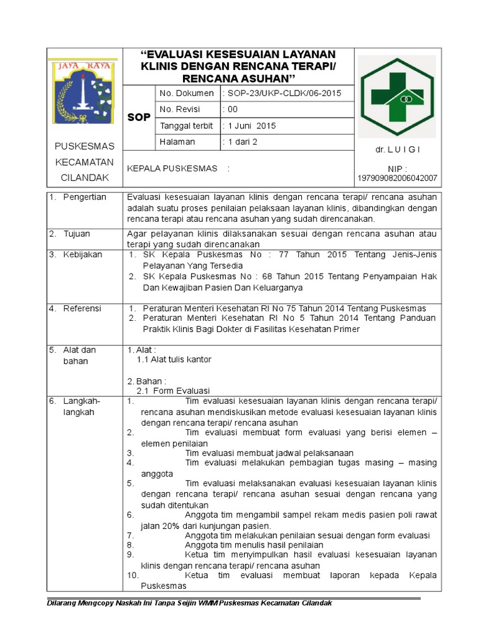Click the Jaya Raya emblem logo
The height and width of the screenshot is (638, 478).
pyautogui.click(x=83, y=90)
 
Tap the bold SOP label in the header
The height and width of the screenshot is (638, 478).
pyautogui.click(x=138, y=118)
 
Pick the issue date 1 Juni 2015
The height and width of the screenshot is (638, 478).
pyautogui.click(x=250, y=125)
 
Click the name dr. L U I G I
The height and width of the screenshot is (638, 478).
pyautogui.click(x=398, y=150)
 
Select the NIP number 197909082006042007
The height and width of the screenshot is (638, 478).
pyautogui.click(x=397, y=178)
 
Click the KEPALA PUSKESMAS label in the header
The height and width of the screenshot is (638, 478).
pyautogui.click(x=172, y=168)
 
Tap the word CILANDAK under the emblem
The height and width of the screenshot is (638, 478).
pyautogui.click(x=85, y=178)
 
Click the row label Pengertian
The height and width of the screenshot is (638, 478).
pyautogui.click(x=85, y=197)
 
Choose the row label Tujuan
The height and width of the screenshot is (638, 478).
pyautogui.click(x=77, y=234)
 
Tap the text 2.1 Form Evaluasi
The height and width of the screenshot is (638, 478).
pyautogui.click(x=173, y=391)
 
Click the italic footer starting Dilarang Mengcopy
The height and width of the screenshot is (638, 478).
pyautogui.click(x=190, y=603)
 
